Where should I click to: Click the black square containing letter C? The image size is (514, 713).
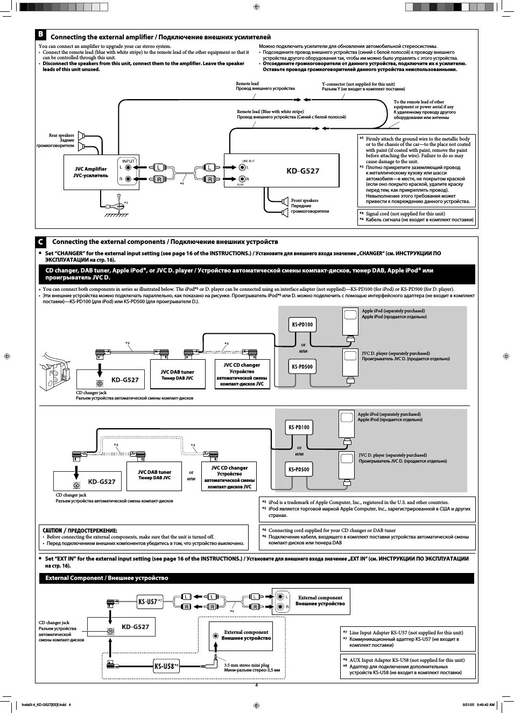click(x=41, y=242)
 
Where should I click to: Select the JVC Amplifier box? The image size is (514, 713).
click(x=91, y=172)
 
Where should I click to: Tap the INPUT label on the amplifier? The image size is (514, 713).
click(x=128, y=161)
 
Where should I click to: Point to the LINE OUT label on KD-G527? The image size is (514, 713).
click(x=248, y=161)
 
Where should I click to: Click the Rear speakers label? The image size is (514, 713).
click(x=61, y=135)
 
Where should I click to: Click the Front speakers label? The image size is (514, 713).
click(x=305, y=200)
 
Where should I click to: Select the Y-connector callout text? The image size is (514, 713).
click(x=358, y=84)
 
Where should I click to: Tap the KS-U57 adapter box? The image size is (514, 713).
click(x=148, y=602)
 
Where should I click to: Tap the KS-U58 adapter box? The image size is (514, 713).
click(x=165, y=666)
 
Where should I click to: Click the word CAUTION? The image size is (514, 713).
click(x=52, y=530)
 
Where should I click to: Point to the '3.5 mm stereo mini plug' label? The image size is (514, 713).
click(x=247, y=665)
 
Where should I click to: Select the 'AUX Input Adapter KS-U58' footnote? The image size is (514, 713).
click(x=406, y=660)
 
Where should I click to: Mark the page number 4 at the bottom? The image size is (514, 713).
click(x=257, y=685)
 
